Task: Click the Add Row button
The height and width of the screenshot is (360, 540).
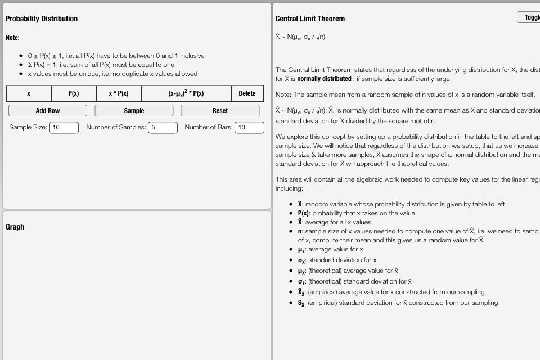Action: click(x=48, y=111)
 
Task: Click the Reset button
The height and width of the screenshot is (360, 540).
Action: click(x=220, y=111)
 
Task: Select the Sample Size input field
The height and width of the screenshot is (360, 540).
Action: click(x=64, y=128)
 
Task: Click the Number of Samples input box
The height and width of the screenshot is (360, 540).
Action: click(x=163, y=128)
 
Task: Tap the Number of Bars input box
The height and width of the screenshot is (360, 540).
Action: click(x=249, y=128)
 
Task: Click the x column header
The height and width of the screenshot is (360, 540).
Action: click(x=29, y=93)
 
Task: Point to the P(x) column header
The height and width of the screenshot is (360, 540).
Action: click(x=74, y=93)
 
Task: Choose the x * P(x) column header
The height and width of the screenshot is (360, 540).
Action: click(x=119, y=93)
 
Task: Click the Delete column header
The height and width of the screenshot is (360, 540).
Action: click(x=247, y=93)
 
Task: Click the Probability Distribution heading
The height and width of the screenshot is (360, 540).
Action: click(x=42, y=19)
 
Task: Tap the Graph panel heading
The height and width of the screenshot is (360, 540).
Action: click(x=15, y=227)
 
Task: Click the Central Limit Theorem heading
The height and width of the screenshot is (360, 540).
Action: click(x=310, y=19)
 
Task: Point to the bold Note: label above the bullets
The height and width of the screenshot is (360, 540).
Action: click(x=12, y=38)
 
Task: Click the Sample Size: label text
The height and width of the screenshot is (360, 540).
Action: click(x=28, y=128)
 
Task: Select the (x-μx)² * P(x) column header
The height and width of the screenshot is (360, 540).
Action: click(x=186, y=93)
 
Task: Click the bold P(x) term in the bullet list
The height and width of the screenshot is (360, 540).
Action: click(x=303, y=213)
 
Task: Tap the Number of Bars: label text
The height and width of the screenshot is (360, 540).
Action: click(x=208, y=128)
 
